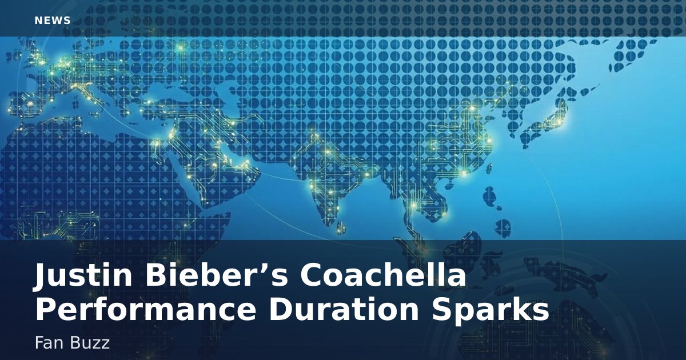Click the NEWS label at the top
pos(53,21)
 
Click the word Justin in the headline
pos(83,275)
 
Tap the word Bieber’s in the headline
pos(217,275)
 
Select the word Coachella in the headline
pos(383,275)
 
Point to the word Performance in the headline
pos(145,310)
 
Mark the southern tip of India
pos(325,226)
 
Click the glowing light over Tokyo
pos(560,122)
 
